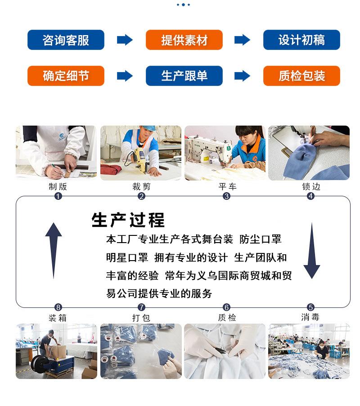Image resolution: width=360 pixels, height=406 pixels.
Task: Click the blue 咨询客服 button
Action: point(66,40)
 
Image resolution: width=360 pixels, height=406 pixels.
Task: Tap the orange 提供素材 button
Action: point(184,40)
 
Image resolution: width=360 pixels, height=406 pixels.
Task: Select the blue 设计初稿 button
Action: point(301,40)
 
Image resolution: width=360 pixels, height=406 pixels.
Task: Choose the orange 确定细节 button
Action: point(66,76)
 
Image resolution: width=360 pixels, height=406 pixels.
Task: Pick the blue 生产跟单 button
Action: point(184,76)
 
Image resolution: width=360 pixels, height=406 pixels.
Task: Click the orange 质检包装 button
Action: point(301,76)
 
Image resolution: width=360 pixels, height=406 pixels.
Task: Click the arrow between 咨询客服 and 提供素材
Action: point(125,40)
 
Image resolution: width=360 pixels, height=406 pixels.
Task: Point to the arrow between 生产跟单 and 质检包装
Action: point(243,76)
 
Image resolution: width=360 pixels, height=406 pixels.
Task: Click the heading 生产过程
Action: point(128,220)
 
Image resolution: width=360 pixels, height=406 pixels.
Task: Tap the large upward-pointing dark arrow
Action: point(54,250)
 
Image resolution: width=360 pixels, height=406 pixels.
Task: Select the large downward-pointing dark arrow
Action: point(311,250)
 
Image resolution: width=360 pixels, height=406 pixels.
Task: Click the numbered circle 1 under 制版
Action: point(58,196)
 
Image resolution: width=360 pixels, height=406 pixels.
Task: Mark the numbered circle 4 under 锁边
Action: point(310,196)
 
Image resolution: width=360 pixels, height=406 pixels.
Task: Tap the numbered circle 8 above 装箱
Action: point(58,307)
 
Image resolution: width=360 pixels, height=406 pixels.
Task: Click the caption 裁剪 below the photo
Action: point(141,186)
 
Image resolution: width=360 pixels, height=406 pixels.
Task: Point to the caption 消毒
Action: point(310,317)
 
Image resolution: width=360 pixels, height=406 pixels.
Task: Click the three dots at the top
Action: point(183,5)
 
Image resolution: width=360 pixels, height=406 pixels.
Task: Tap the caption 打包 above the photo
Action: point(141,317)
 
